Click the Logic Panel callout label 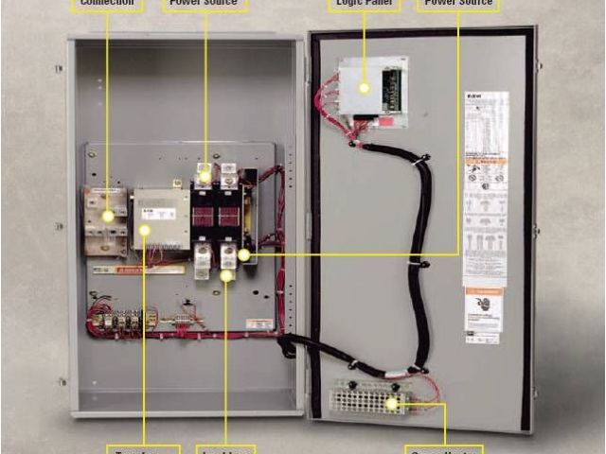point(365,4)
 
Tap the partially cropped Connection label point(107,4)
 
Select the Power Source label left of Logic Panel point(205,4)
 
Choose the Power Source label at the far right point(458,4)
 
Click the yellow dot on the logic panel point(364,87)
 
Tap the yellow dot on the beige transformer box point(145,230)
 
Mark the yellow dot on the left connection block point(108,217)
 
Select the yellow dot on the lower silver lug point(226,276)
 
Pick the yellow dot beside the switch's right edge point(243,254)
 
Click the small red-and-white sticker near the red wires point(258,323)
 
